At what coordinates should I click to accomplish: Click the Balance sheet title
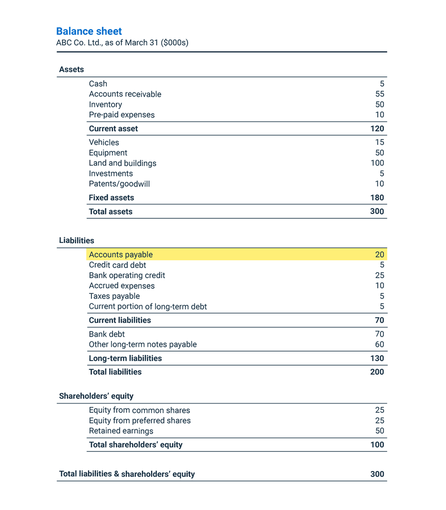(89, 31)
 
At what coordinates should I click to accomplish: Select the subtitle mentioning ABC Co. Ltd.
(122, 43)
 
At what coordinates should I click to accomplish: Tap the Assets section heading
(72, 70)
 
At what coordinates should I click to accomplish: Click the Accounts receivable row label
(125, 94)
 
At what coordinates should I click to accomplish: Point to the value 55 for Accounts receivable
(380, 94)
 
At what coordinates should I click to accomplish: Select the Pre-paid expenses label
(122, 115)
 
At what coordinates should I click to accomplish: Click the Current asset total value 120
(377, 129)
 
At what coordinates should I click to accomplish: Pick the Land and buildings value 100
(377, 163)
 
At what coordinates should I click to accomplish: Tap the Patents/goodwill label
(119, 184)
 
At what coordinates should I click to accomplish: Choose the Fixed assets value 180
(377, 198)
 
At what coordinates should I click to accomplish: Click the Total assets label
(111, 212)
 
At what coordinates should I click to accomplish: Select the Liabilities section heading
(77, 241)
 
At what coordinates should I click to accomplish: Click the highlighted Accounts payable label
(121, 255)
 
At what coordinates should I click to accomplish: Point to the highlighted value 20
(380, 255)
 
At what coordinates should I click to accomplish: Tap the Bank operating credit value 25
(380, 275)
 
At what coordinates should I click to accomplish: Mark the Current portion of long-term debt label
(148, 307)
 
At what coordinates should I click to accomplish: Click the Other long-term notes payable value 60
(380, 345)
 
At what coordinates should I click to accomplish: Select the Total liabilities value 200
(377, 372)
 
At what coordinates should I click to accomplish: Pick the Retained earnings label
(121, 431)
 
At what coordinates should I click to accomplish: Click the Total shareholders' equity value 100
(377, 445)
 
